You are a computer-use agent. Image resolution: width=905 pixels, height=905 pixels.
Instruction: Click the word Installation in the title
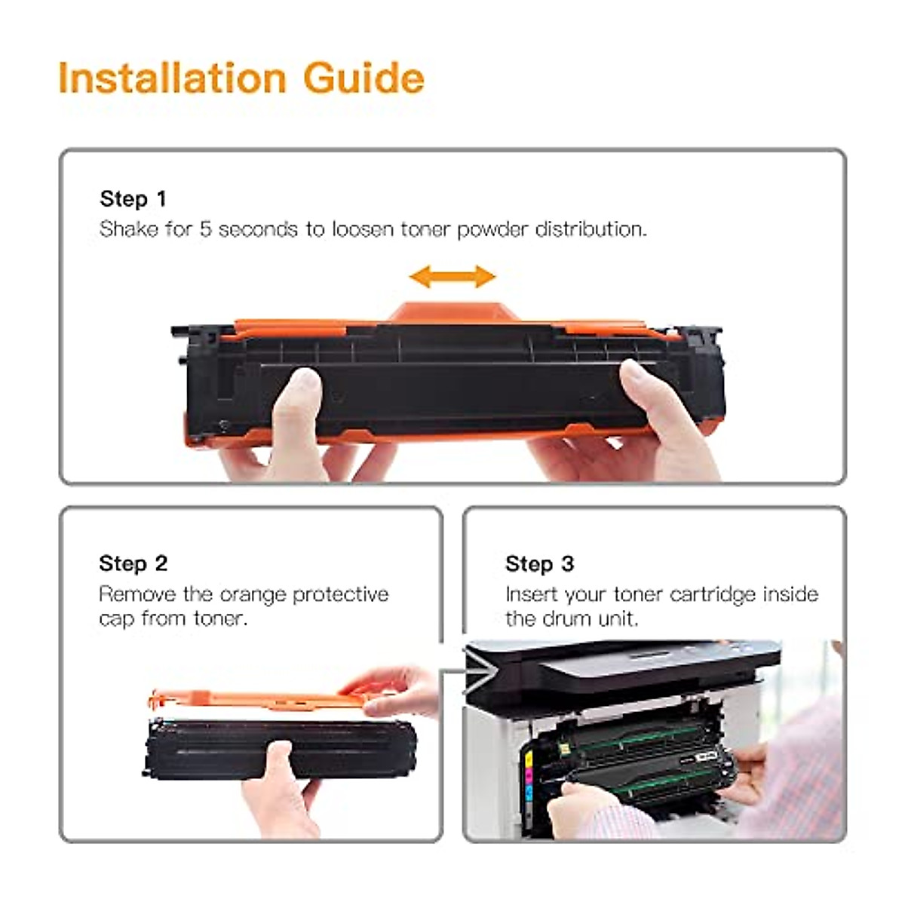pos(173,78)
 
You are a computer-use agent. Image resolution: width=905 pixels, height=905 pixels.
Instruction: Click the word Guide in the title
pos(364,78)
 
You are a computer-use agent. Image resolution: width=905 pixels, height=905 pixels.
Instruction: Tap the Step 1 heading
pos(133,199)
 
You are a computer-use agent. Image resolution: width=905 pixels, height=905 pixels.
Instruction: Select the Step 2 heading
pos(133,563)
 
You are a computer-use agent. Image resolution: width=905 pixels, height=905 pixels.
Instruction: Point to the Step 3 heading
pos(540,563)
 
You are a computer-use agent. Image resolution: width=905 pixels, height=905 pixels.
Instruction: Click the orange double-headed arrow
pos(452,276)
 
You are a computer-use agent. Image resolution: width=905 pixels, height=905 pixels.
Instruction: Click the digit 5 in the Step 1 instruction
pos(205,229)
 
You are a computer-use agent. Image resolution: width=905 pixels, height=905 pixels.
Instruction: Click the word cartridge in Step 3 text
pos(713,595)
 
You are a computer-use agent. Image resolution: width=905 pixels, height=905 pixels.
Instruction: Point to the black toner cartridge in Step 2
pos(281,749)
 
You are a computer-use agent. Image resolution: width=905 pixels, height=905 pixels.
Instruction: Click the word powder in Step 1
pos(491,230)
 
